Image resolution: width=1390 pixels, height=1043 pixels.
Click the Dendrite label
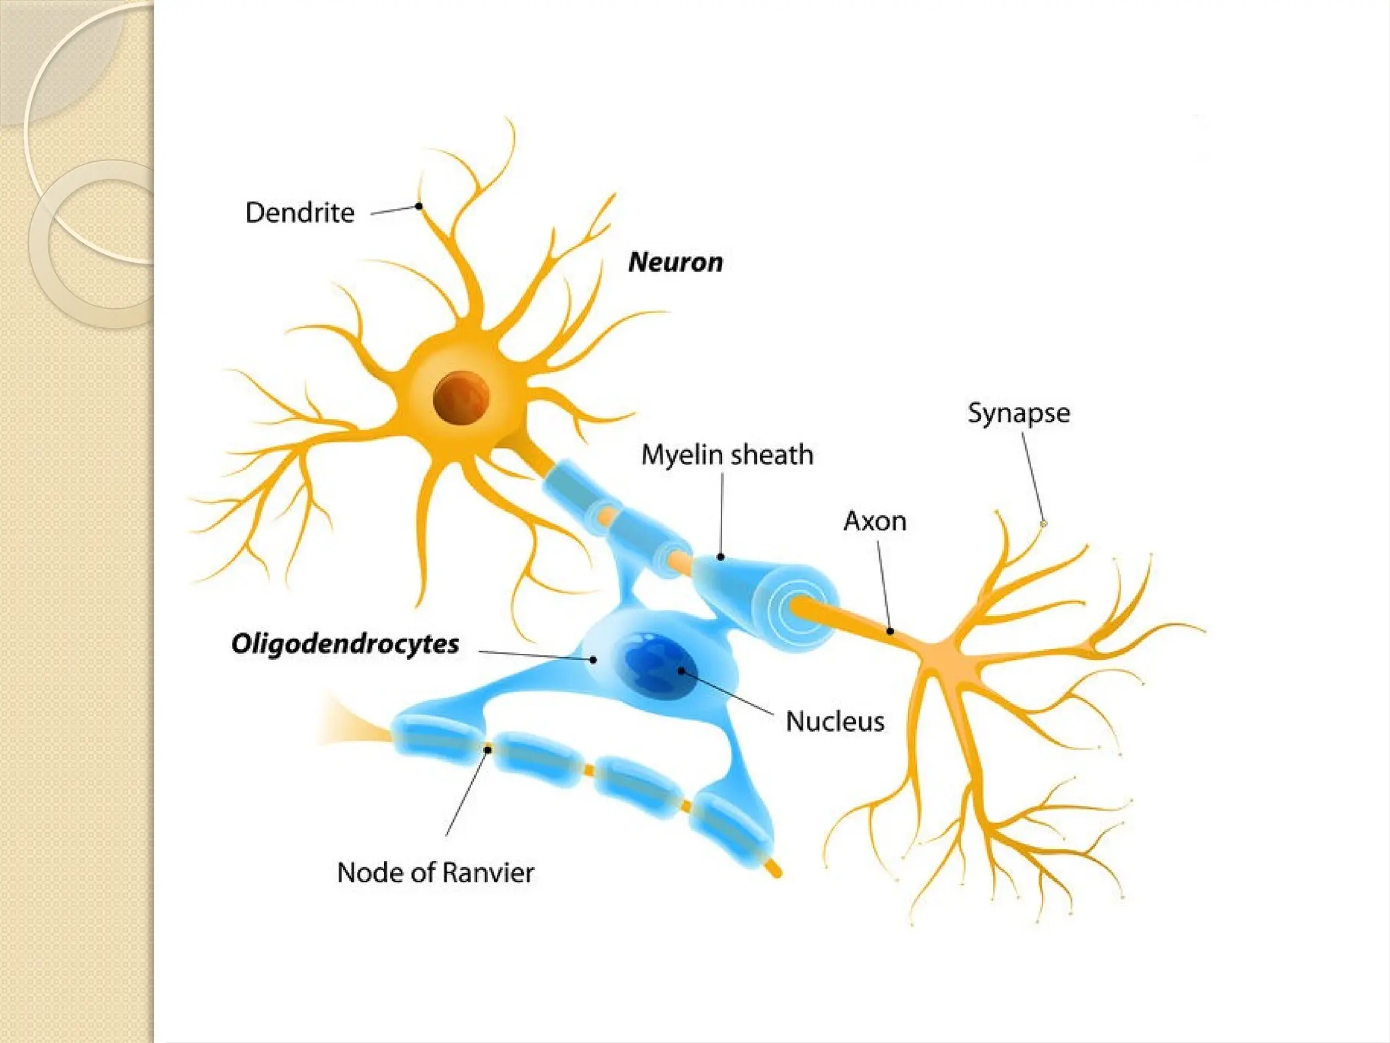(299, 213)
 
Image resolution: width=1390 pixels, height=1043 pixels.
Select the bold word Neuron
(675, 262)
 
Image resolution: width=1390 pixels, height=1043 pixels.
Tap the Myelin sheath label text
(727, 455)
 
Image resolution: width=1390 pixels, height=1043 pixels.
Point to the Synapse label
(1018, 413)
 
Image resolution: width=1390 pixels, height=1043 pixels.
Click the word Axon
(874, 521)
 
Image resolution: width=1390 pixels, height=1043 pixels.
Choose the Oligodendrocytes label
(345, 644)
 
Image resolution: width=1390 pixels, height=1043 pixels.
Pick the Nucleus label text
(835, 721)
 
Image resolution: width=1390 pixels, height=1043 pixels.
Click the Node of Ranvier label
(435, 873)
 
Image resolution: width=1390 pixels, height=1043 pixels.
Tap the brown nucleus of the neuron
(461, 397)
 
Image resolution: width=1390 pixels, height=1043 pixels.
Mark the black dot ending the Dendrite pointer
(419, 206)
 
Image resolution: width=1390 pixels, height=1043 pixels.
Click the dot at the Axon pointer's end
(890, 631)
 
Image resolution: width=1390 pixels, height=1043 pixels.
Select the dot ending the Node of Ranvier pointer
(487, 750)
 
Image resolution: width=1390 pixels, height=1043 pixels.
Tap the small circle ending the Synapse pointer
(1043, 524)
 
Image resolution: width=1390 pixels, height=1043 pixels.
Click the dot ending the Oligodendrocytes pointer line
(593, 659)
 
